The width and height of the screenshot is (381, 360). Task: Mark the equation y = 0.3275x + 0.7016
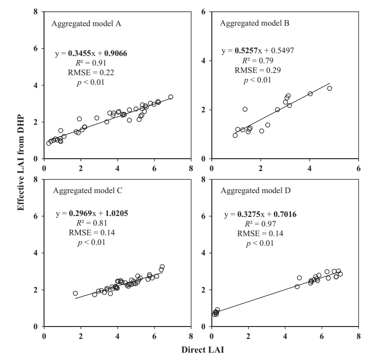pos(259,214)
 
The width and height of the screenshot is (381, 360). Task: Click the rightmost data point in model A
pos(171,97)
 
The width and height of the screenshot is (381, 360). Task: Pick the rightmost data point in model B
pos(329,89)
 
